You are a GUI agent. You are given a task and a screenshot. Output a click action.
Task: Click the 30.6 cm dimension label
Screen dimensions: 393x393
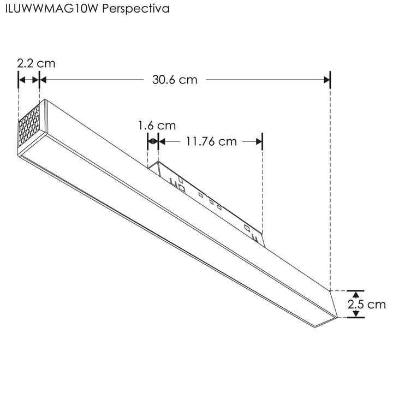click(x=175, y=80)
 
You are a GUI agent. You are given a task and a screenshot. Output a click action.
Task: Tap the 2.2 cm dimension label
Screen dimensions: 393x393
click(x=36, y=63)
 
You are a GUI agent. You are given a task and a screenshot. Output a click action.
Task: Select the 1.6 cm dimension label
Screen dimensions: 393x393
click(x=157, y=126)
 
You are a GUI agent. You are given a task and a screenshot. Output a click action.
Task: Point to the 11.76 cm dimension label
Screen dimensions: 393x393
click(x=211, y=142)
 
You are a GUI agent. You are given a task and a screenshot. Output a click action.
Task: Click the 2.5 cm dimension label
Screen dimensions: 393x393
click(x=367, y=305)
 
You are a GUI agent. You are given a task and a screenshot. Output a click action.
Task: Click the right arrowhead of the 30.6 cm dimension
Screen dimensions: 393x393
click(x=327, y=80)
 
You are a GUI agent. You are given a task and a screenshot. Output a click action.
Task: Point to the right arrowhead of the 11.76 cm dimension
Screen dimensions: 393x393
click(x=260, y=142)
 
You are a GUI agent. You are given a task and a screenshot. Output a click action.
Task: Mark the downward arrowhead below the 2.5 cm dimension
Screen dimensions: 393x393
click(x=355, y=314)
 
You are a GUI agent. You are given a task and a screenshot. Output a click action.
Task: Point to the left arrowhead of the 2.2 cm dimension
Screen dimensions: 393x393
click(x=22, y=80)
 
